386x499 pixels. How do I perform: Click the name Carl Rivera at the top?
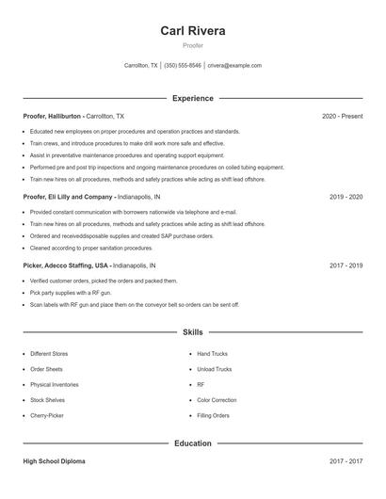click(193, 30)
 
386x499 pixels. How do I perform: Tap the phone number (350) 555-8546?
click(183, 66)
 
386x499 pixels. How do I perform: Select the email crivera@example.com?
click(234, 66)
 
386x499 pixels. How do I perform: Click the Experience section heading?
click(193, 98)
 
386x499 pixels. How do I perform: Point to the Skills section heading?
click(193, 332)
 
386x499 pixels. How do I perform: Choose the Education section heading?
click(193, 443)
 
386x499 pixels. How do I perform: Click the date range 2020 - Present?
click(342, 116)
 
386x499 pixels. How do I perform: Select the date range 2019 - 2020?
click(346, 198)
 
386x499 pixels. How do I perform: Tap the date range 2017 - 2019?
click(346, 266)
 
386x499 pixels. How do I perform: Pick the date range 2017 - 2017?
click(346, 461)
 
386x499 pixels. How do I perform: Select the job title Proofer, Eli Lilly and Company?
click(67, 198)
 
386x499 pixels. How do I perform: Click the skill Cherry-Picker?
click(47, 415)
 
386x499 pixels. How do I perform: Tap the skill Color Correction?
click(217, 400)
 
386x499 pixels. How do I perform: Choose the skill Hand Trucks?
click(212, 354)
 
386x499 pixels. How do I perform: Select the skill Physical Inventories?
click(54, 384)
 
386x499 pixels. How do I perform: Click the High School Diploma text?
click(55, 461)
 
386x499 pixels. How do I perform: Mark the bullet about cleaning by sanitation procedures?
click(90, 248)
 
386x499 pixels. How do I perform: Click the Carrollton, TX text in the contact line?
click(141, 66)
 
